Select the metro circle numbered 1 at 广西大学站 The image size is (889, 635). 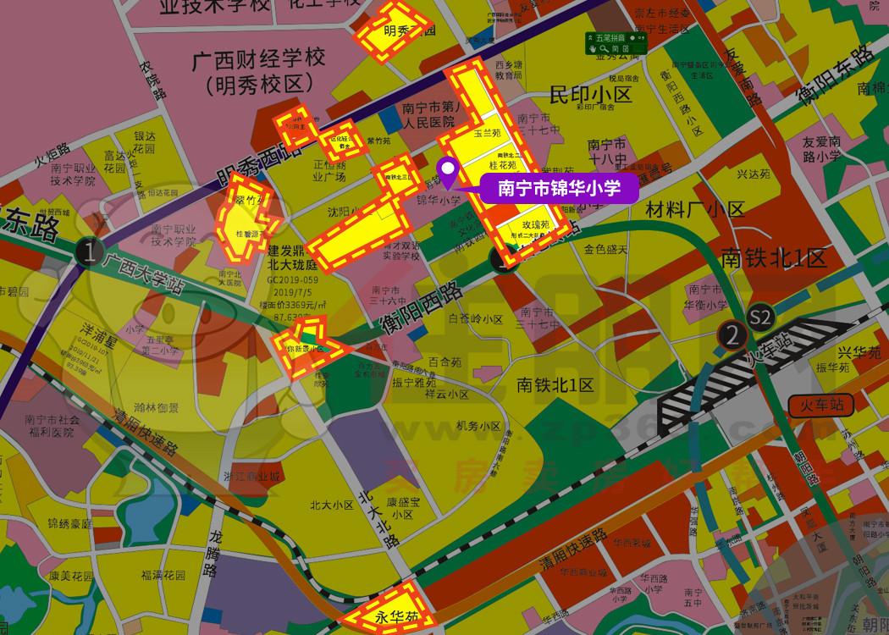tap(87, 251)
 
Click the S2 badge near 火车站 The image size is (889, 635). tap(761, 316)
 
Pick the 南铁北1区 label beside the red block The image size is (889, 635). tap(773, 257)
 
